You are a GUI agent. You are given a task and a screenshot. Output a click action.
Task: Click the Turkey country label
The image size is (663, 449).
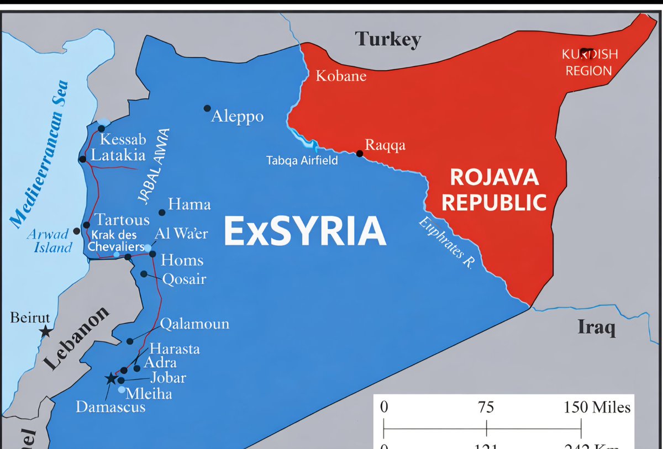point(388,39)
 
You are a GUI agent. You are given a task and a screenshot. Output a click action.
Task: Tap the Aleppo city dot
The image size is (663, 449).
point(207,108)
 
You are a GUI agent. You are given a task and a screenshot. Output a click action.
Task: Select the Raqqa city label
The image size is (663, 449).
point(385,145)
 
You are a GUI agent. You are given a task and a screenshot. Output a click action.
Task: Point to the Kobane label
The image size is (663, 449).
point(341,76)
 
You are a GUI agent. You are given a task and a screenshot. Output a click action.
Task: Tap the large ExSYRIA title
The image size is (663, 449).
point(304,231)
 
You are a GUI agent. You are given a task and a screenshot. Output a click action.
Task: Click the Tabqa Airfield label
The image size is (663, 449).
point(302,161)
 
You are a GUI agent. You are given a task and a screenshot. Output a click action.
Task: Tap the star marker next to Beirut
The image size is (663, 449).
point(45,332)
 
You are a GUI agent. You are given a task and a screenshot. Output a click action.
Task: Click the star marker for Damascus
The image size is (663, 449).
point(111,378)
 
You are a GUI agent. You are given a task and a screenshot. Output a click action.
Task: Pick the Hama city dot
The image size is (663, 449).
point(162,213)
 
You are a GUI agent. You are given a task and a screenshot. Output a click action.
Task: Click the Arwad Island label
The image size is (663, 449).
point(50,240)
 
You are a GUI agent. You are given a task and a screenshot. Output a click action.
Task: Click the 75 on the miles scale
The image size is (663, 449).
point(486,408)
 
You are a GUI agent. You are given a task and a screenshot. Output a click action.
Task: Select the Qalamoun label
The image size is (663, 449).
point(194,324)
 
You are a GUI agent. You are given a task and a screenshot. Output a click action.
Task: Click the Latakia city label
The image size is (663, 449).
point(118,155)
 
